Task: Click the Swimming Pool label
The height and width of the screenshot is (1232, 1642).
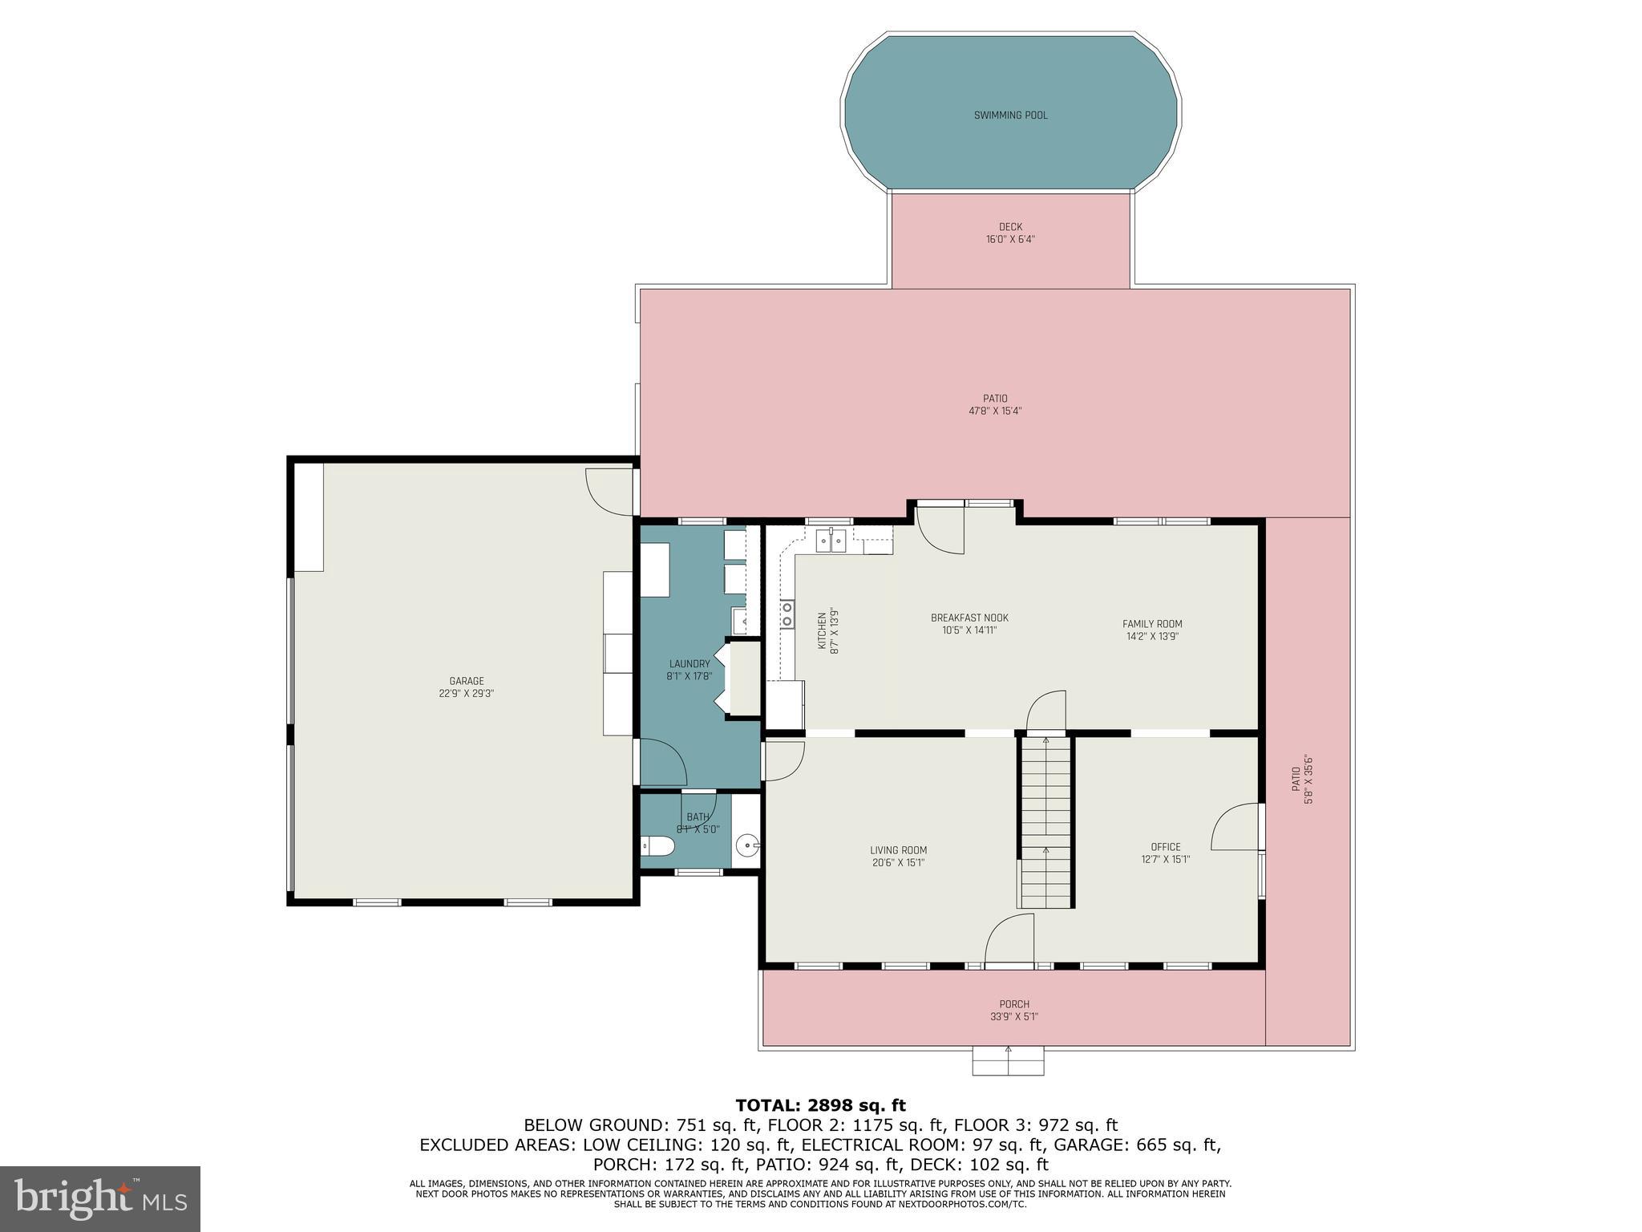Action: pyautogui.click(x=1010, y=115)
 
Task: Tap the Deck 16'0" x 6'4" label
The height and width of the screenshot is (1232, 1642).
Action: pyautogui.click(x=1010, y=233)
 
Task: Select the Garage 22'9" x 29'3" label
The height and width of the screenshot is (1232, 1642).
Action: pyautogui.click(x=466, y=687)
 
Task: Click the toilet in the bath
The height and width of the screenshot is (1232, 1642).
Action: pyautogui.click(x=658, y=846)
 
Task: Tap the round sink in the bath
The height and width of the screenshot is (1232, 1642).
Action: pyautogui.click(x=746, y=845)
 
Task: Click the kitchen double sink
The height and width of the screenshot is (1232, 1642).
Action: pyautogui.click(x=831, y=541)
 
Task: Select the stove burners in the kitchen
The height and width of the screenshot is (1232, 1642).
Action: pyautogui.click(x=787, y=614)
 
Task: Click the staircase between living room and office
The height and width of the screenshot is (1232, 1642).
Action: pyautogui.click(x=1045, y=822)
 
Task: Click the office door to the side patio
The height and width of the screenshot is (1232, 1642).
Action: pyautogui.click(x=1235, y=826)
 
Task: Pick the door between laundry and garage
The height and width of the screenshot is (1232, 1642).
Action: pyautogui.click(x=662, y=761)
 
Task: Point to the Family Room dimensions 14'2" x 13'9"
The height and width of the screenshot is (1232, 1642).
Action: pyautogui.click(x=1152, y=637)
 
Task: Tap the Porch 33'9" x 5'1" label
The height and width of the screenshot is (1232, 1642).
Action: pyautogui.click(x=1013, y=1011)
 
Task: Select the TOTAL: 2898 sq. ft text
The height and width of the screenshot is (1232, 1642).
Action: pyautogui.click(x=820, y=1106)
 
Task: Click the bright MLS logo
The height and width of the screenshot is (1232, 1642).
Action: pyautogui.click(x=100, y=1198)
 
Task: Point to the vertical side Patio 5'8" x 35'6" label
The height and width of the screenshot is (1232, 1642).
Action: pyautogui.click(x=1301, y=779)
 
